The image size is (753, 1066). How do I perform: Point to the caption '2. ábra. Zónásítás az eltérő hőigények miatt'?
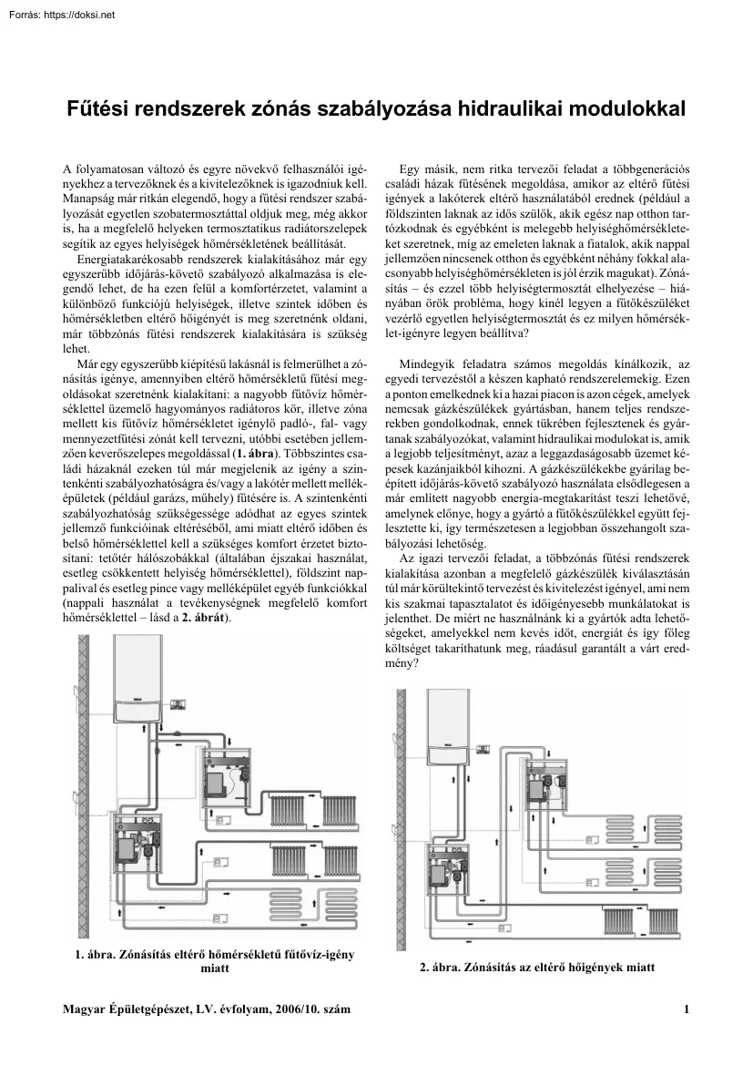click(537, 967)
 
